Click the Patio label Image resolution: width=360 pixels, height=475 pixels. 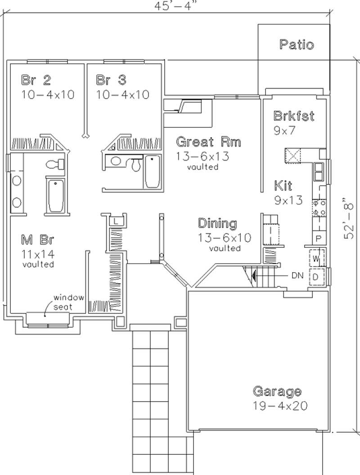296,45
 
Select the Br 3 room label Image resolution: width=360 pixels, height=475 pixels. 111,81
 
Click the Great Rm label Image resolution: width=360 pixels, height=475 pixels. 208,142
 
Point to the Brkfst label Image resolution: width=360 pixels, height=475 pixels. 294,116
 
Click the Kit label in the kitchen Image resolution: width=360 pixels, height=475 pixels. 283,185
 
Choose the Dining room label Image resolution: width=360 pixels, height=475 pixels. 218,223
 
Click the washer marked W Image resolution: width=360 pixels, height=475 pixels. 316,259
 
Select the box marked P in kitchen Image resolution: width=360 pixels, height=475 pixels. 319,238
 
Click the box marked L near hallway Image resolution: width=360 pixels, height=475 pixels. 116,221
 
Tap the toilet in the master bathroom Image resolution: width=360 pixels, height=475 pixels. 55,164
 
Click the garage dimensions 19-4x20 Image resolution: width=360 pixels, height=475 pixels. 280,405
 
